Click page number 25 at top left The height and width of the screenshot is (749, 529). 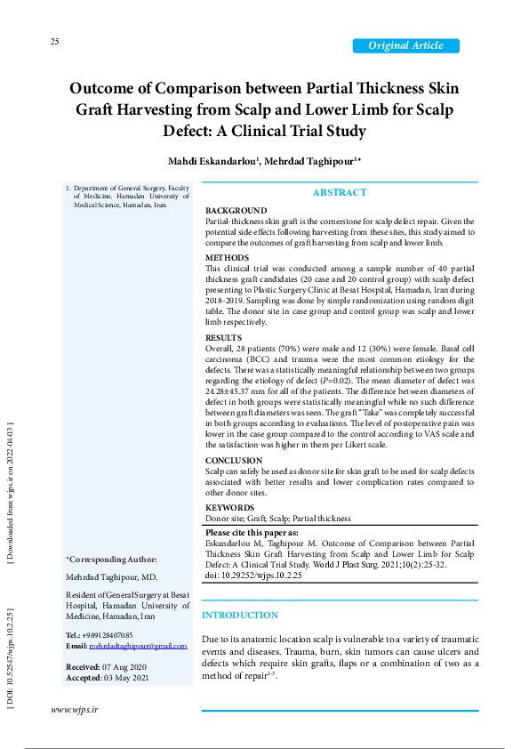[54, 42]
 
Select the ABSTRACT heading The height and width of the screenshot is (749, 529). [339, 193]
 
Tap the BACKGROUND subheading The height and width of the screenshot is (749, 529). [236, 211]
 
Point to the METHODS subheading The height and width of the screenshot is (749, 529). [228, 258]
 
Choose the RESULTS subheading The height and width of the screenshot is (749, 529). [223, 338]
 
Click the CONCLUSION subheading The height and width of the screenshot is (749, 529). [234, 461]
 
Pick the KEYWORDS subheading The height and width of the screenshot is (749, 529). [230, 508]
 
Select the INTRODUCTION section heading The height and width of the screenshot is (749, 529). [240, 616]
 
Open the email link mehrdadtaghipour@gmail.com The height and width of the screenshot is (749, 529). [138, 645]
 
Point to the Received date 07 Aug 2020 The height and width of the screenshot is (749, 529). [124, 666]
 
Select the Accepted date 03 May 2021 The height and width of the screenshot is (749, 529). [124, 677]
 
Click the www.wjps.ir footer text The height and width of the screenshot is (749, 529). [74, 709]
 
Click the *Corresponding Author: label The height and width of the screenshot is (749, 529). [111, 559]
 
